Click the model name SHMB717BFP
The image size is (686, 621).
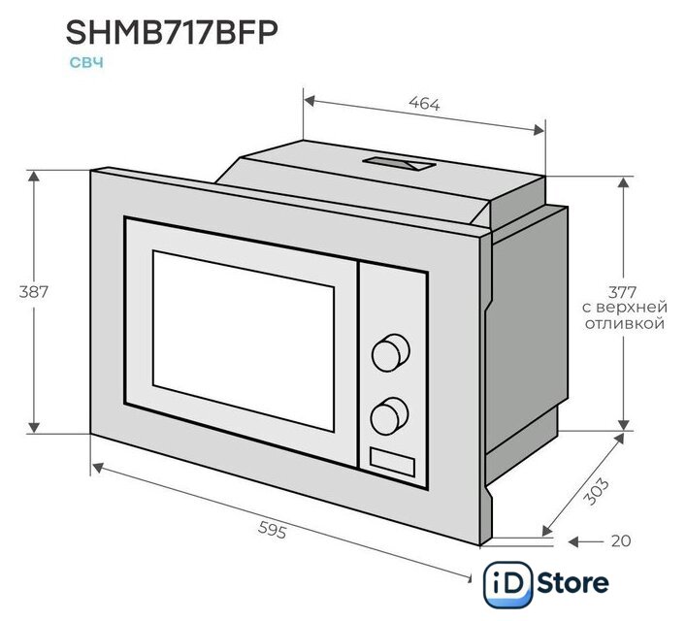(x=172, y=33)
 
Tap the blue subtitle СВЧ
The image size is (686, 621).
(x=86, y=62)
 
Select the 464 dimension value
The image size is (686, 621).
(x=424, y=104)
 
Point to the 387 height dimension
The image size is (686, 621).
(x=33, y=292)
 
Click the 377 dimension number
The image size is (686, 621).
(x=622, y=292)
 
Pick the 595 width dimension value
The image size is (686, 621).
(x=272, y=530)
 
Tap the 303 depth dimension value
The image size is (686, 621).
(x=597, y=491)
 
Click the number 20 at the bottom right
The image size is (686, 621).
(x=621, y=540)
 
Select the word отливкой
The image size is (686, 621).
(x=625, y=324)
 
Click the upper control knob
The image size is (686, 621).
(x=391, y=353)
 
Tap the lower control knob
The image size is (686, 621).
(x=389, y=415)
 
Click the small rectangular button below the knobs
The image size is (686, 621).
(x=392, y=462)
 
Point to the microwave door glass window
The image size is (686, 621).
(x=244, y=340)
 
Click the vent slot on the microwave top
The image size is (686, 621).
(x=399, y=163)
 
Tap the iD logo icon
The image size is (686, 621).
(x=507, y=584)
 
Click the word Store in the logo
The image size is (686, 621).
(x=572, y=583)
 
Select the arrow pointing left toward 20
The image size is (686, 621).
(x=585, y=541)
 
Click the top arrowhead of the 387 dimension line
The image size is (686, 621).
(x=34, y=176)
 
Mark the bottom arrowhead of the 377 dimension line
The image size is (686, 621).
(x=624, y=425)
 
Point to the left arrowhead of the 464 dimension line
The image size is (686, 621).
(x=310, y=101)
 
